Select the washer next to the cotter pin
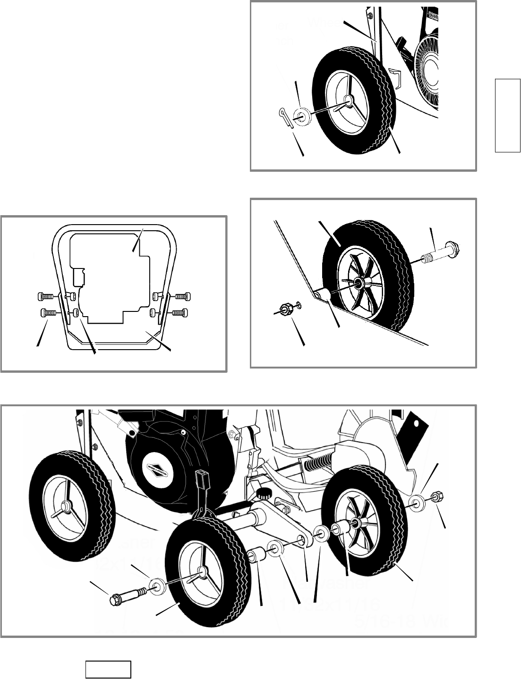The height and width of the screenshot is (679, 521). (300, 117)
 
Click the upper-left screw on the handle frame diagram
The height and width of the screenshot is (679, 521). (46, 297)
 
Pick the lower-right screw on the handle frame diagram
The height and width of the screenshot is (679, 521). (180, 312)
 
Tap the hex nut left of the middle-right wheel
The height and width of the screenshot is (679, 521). (285, 310)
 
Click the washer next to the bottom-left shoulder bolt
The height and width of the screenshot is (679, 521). (156, 587)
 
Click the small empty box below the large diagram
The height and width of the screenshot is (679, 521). (108, 669)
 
